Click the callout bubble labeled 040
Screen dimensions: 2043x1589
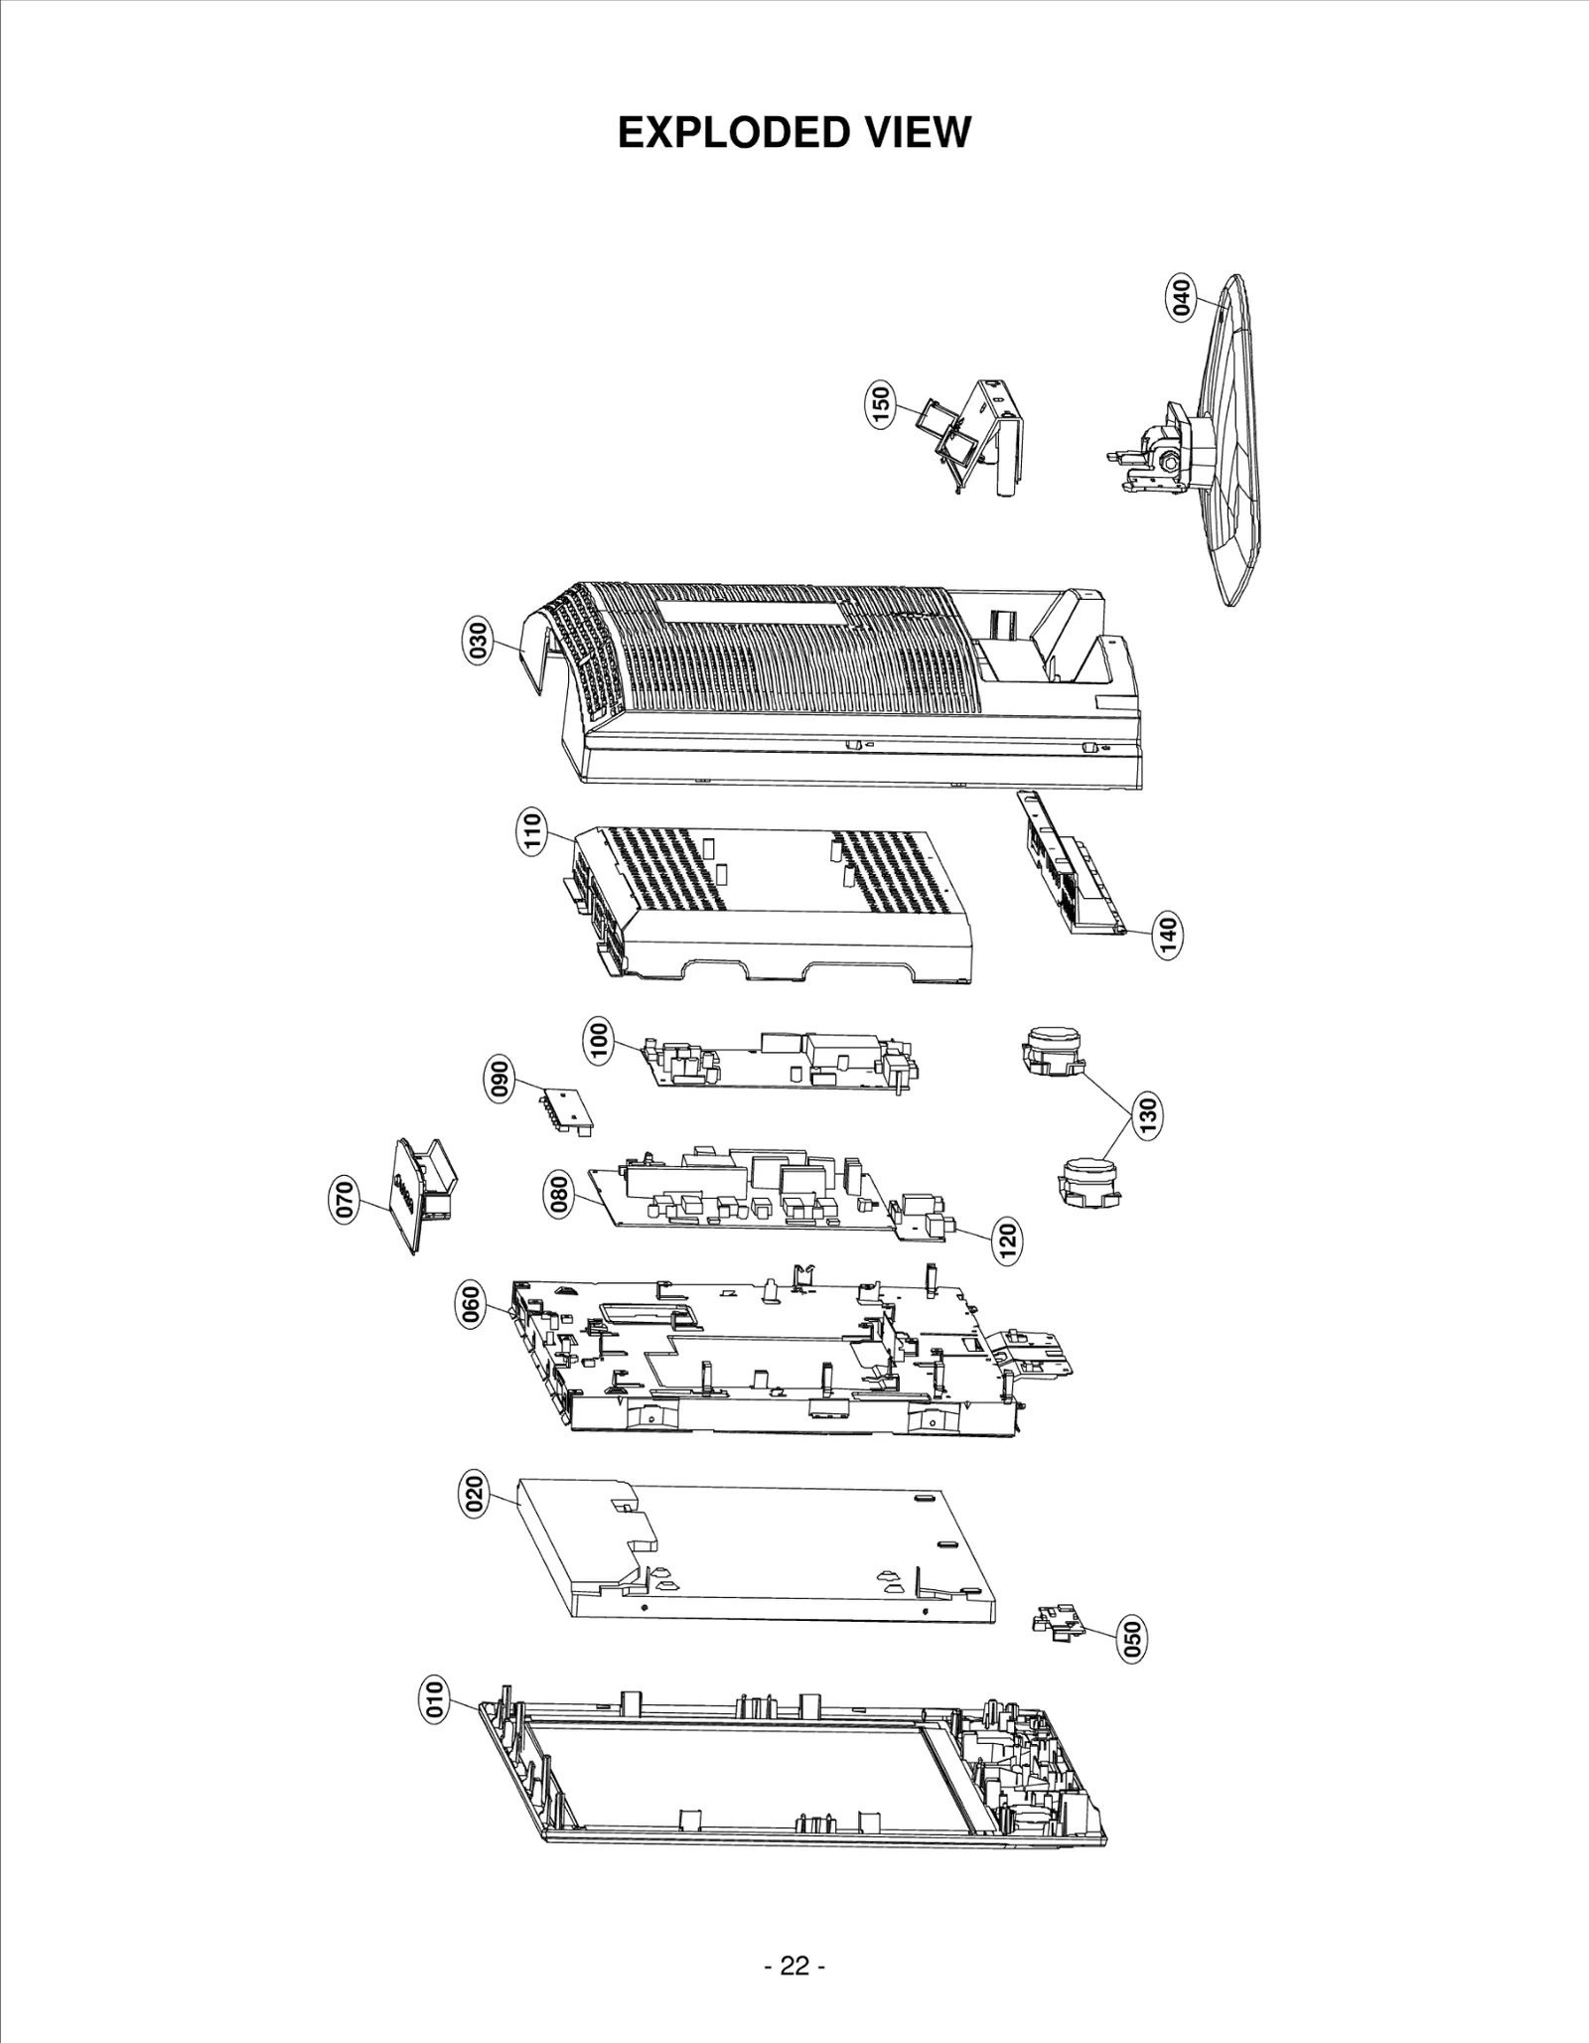pos(1181,298)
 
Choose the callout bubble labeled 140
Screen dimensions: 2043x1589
pos(1168,937)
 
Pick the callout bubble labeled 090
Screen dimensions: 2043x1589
pos(502,1080)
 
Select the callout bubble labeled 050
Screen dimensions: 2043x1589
pos(1131,1637)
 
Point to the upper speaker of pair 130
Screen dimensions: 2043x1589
pos(1051,1050)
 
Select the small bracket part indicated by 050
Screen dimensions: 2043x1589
pos(1057,1622)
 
